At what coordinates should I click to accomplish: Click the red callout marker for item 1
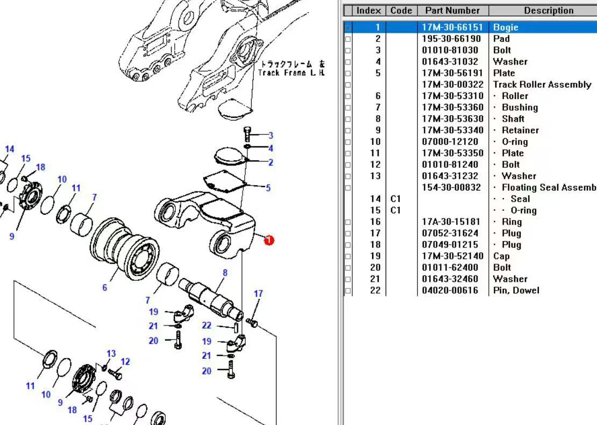(269, 240)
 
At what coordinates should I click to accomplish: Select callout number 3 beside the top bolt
(271, 136)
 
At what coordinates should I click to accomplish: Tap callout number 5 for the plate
(268, 188)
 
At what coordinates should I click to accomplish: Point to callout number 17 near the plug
(258, 294)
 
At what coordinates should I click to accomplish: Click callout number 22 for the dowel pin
(207, 325)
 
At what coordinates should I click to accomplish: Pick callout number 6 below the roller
(105, 288)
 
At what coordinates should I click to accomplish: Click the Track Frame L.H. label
(291, 68)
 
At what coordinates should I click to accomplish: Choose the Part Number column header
(452, 10)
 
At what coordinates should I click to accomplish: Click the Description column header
(548, 10)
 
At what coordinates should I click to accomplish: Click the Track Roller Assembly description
(542, 84)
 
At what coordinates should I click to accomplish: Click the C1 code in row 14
(396, 199)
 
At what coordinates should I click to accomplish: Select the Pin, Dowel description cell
(516, 291)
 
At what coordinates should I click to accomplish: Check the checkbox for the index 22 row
(348, 291)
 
